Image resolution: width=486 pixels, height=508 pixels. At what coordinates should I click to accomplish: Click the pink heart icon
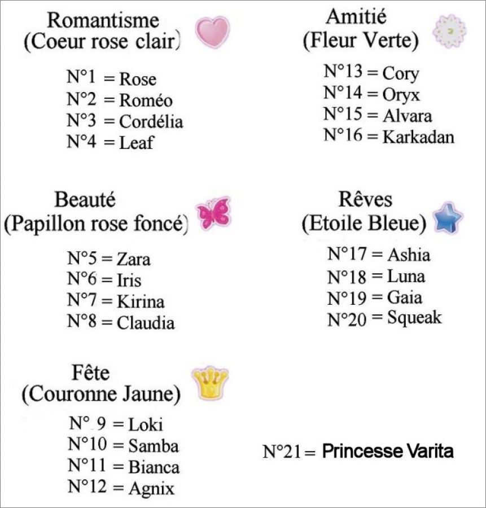(x=213, y=32)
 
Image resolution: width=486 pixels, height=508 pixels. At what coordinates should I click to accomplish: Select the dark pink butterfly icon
(x=213, y=213)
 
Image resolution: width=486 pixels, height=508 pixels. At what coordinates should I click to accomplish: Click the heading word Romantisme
(x=103, y=20)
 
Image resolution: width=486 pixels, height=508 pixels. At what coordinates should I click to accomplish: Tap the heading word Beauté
(x=85, y=200)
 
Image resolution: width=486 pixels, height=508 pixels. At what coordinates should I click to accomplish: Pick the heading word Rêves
(x=365, y=200)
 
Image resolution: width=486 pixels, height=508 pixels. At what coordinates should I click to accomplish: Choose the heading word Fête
(x=91, y=373)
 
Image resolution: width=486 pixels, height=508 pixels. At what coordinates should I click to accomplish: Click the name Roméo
(x=146, y=100)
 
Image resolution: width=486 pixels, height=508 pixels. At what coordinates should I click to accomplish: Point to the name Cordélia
(x=151, y=121)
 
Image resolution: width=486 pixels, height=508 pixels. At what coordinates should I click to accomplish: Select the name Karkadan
(x=418, y=137)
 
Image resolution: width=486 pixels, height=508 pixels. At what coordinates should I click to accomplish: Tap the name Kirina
(x=141, y=301)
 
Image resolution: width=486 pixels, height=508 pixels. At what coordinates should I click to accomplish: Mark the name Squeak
(x=414, y=318)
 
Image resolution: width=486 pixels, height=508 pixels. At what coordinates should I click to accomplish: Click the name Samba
(x=154, y=446)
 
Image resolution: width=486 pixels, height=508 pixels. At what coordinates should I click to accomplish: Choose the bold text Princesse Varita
(x=388, y=452)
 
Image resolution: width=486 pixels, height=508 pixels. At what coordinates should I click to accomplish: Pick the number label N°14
(x=344, y=93)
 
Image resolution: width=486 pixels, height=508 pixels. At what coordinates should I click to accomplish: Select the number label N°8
(x=83, y=322)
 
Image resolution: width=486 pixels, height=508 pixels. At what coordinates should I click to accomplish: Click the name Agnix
(x=151, y=487)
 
